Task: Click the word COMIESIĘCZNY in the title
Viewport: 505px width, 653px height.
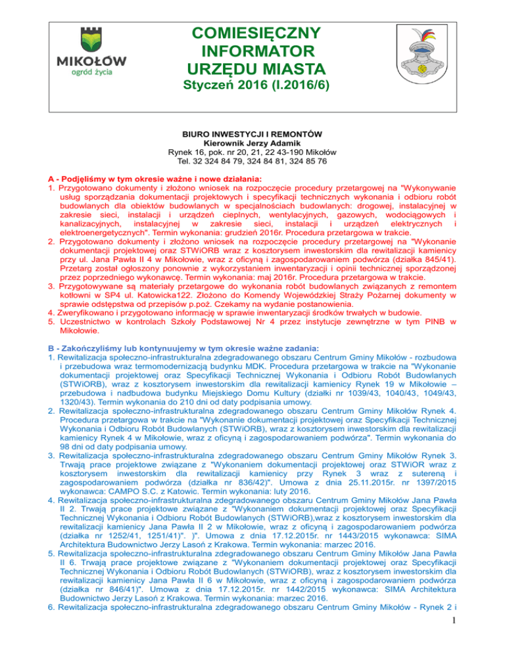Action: coord(253,33)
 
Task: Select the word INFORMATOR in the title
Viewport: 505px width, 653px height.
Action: coord(253,51)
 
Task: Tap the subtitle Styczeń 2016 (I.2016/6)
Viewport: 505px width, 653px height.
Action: coord(253,86)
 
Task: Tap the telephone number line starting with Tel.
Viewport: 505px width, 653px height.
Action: coord(252,161)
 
